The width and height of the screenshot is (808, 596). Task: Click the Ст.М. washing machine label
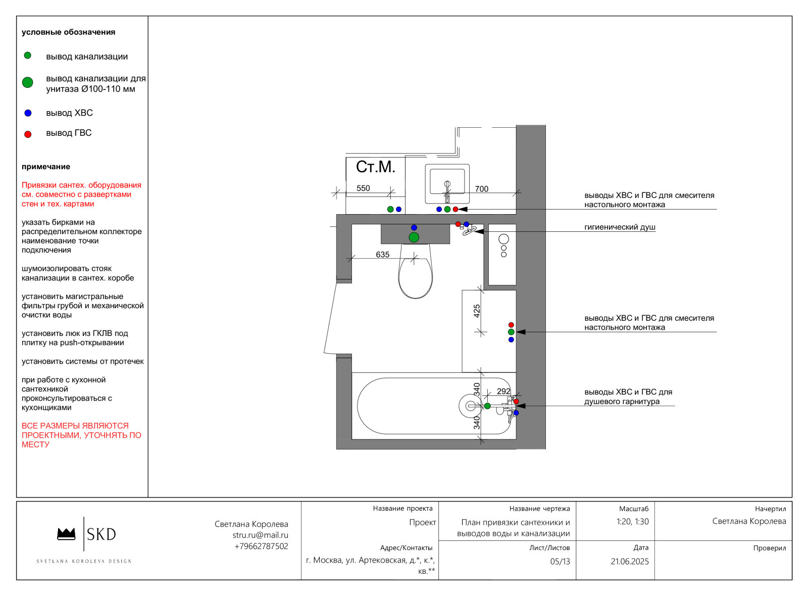pyautogui.click(x=376, y=167)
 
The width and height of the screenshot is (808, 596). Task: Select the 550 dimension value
pyautogui.click(x=363, y=188)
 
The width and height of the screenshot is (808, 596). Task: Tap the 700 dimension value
pyautogui.click(x=482, y=189)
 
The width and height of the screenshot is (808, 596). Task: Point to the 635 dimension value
pyautogui.click(x=383, y=255)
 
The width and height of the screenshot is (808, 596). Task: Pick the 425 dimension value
pyautogui.click(x=477, y=311)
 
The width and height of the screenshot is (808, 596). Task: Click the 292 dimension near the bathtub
pyautogui.click(x=503, y=391)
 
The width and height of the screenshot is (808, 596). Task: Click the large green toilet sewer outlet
pyautogui.click(x=414, y=237)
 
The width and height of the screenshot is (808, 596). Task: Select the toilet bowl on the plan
pyautogui.click(x=416, y=271)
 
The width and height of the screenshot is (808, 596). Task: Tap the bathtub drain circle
pyautogui.click(x=471, y=406)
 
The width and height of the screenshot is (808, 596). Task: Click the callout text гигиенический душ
pyautogui.click(x=620, y=227)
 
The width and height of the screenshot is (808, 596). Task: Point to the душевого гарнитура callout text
pyautogui.click(x=622, y=402)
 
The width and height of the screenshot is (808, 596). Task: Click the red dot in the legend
pyautogui.click(x=28, y=134)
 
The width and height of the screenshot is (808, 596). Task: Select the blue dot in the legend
pyautogui.click(x=28, y=113)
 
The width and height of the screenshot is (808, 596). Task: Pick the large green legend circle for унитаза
pyautogui.click(x=28, y=83)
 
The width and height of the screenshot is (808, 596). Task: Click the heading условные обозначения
pyautogui.click(x=69, y=32)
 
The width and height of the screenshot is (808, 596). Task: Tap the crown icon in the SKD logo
pyautogui.click(x=66, y=534)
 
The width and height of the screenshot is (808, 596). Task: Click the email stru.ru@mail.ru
pyautogui.click(x=261, y=535)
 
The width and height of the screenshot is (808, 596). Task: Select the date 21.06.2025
pyautogui.click(x=630, y=562)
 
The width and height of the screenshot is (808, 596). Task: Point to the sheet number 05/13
pyautogui.click(x=560, y=562)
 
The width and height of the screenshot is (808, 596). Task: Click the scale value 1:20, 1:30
pyautogui.click(x=633, y=522)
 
